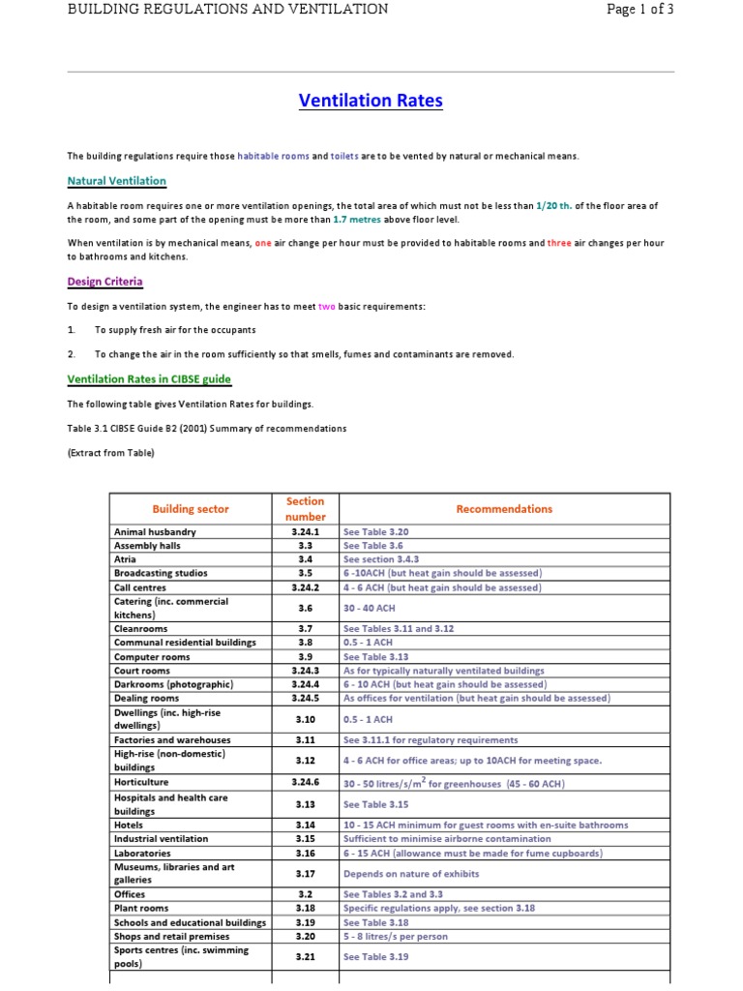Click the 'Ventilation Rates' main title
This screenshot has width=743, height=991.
(x=371, y=101)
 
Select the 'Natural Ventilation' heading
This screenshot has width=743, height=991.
(x=116, y=181)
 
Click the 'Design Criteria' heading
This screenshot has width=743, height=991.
(x=104, y=282)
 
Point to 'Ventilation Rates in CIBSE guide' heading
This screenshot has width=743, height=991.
(x=149, y=379)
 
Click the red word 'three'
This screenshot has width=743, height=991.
(x=559, y=244)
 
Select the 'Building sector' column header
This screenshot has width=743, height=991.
(x=191, y=509)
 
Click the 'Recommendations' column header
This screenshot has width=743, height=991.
(x=504, y=509)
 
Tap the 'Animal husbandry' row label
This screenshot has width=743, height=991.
(x=155, y=532)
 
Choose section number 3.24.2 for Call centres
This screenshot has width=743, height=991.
(x=305, y=587)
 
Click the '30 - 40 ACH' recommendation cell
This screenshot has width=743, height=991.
(x=368, y=608)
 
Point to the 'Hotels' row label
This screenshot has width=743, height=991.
(x=129, y=826)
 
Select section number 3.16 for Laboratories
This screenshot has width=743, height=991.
(x=305, y=854)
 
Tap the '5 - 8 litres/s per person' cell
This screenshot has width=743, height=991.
(x=396, y=937)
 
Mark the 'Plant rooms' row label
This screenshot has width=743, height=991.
(x=141, y=909)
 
